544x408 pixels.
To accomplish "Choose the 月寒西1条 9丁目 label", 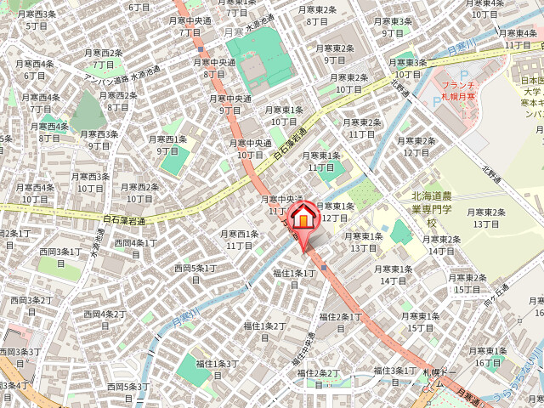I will click(x=167, y=144).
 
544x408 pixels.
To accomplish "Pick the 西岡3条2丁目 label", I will click(x=31, y=305).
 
